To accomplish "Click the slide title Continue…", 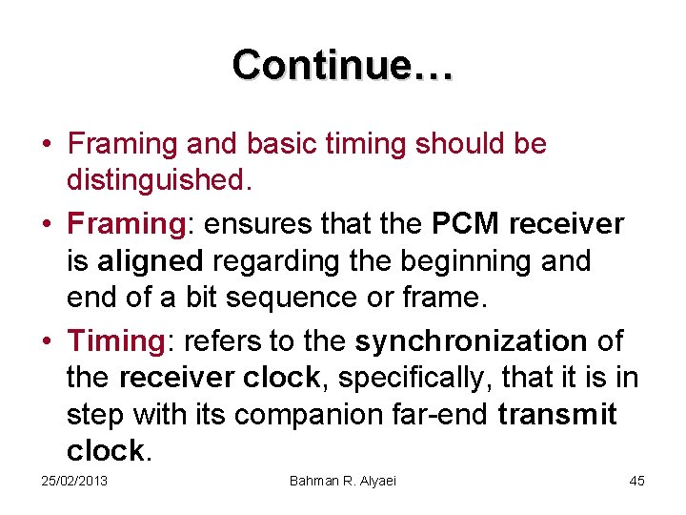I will coord(343,65).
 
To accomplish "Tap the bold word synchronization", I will coord(471,341).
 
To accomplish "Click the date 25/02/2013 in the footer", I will coord(74,481).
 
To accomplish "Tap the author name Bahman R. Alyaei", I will coord(343,481).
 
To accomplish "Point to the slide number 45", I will coord(636,481).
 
